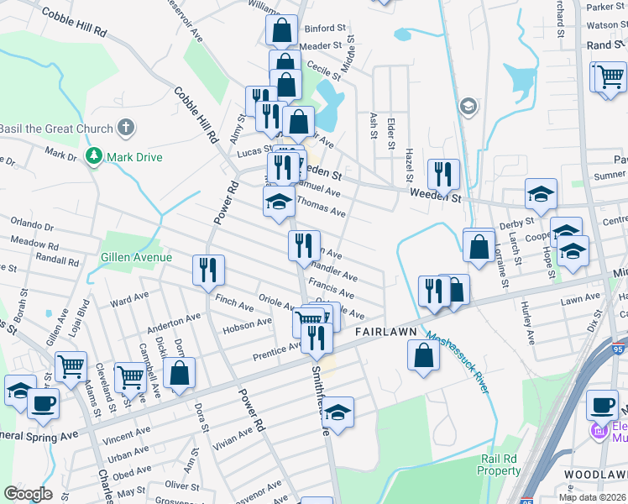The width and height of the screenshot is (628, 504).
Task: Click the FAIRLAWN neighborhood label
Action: pos(386,333)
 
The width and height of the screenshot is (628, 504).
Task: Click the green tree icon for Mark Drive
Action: pos(93,156)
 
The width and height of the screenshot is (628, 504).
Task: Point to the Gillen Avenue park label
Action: pos(135,257)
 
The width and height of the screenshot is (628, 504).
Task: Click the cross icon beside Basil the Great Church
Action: pos(125,129)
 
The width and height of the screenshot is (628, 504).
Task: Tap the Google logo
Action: pos(28,494)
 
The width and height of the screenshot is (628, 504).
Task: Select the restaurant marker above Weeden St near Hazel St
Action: pos(443,174)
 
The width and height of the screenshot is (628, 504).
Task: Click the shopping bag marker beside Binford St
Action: pos(281,30)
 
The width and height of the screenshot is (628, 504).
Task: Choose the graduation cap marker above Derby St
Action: pos(541,193)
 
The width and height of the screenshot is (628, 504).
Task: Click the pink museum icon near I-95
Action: pos(598,432)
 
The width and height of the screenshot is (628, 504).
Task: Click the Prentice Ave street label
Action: pos(278,351)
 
